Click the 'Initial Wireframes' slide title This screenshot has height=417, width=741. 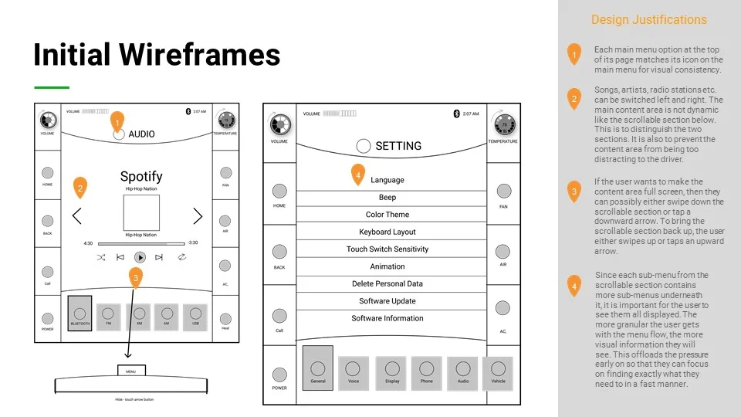[157, 55]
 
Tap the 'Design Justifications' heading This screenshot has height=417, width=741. [648, 20]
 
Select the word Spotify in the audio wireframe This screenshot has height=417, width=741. [141, 176]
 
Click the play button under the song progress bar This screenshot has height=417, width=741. [140, 257]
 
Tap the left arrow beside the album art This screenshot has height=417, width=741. [77, 215]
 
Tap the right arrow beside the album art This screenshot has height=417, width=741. [198, 215]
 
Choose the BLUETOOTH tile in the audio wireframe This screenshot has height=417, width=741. [80, 314]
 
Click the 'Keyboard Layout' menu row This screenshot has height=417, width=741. [387, 232]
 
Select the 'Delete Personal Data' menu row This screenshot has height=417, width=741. [387, 283]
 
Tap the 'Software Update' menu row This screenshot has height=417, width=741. [387, 301]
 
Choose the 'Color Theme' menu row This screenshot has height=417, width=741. [387, 215]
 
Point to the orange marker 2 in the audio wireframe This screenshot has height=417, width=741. [80, 187]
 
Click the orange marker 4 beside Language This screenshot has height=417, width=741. [358, 175]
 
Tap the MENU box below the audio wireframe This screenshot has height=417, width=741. [130, 371]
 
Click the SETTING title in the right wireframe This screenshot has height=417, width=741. [398, 146]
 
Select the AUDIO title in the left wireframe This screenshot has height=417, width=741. [141, 134]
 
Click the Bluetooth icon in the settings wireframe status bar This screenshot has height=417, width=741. [456, 114]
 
